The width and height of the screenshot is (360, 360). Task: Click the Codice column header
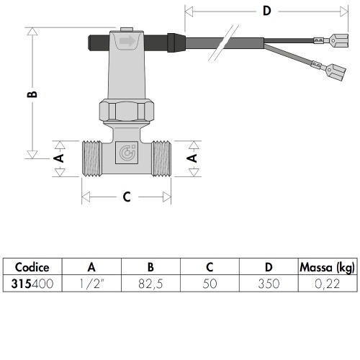pos(32,268)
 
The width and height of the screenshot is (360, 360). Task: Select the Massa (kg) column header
pos(327,268)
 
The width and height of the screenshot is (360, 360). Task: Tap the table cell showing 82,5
pos(149,284)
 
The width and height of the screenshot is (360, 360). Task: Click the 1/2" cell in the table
pos(90,284)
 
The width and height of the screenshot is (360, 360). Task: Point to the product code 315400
pos(32,284)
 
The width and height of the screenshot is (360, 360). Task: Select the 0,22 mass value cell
pos(327,284)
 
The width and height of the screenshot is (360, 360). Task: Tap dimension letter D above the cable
pos(266,11)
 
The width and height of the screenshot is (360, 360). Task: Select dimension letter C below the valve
pos(126,196)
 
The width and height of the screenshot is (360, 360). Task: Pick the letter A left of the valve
pos(60,156)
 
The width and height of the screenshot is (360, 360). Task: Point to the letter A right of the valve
pos(192,156)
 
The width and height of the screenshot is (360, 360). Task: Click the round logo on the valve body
pos(126,154)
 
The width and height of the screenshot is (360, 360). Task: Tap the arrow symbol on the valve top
pos(127,41)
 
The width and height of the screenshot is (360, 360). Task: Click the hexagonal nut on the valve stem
pos(126,111)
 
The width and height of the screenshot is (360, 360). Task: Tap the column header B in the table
pos(149,268)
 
